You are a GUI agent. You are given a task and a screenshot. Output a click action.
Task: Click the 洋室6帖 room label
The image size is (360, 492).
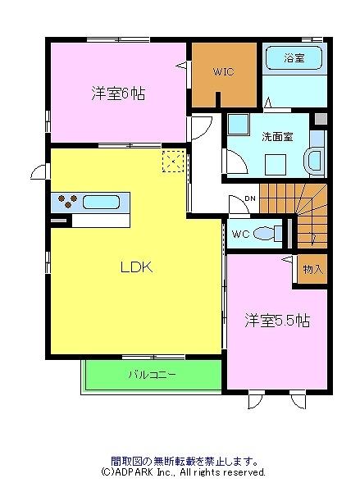click(118, 93)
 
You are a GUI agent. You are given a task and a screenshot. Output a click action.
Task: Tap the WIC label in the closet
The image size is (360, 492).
click(223, 72)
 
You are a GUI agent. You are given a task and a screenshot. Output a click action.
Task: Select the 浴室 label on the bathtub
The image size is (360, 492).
click(294, 59)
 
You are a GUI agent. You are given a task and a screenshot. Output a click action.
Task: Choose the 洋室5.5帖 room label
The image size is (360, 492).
click(276, 319)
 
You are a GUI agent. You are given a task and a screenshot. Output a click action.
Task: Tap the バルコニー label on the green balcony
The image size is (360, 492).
click(151, 375)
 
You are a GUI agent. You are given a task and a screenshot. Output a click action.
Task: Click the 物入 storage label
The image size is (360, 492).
click(312, 269)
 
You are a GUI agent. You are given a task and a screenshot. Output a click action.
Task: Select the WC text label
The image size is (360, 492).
click(240, 235)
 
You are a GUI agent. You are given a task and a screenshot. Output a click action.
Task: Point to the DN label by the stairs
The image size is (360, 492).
click(251, 199)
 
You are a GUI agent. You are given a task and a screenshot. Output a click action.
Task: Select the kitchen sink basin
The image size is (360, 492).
click(102, 201)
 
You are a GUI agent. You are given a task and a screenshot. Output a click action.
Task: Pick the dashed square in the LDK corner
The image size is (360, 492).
click(173, 162)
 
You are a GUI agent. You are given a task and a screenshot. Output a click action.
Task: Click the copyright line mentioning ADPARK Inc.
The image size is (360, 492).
click(184, 473)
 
